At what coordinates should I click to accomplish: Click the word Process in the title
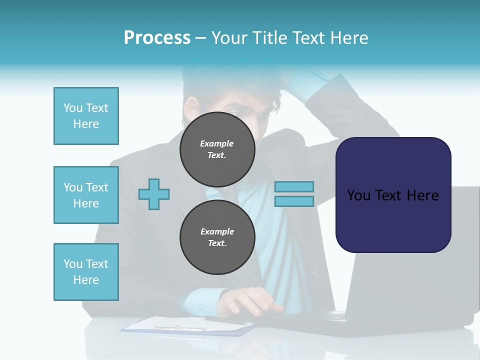tap(157, 38)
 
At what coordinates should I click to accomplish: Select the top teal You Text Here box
tap(86, 116)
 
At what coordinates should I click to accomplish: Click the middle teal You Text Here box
tap(86, 195)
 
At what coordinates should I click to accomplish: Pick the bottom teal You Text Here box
tap(86, 272)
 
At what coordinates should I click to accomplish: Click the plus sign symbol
tap(154, 194)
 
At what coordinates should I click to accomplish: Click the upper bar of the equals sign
tap(294, 186)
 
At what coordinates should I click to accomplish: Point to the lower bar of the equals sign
tap(294, 201)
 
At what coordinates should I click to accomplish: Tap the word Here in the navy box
tap(422, 195)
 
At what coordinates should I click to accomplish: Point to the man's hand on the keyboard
tap(250, 301)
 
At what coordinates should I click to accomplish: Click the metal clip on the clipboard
tap(180, 328)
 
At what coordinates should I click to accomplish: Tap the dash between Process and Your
tap(200, 38)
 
